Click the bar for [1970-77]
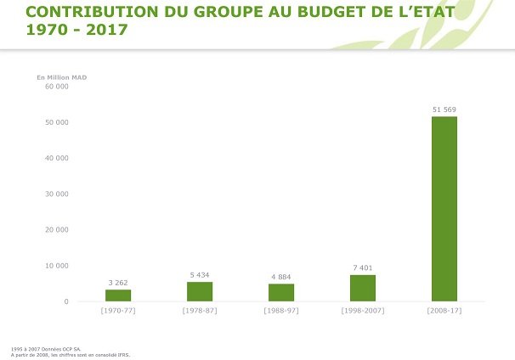[x=118, y=295]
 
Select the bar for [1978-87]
[x=200, y=291]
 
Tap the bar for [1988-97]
[x=281, y=292]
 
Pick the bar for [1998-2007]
[x=363, y=288]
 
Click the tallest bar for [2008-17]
[x=444, y=209]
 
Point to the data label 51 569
[x=444, y=110]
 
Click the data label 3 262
[x=118, y=283]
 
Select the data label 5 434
[x=200, y=275]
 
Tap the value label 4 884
[x=281, y=277]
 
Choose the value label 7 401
[x=363, y=268]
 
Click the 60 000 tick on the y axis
[x=56, y=87]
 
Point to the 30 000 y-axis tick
[x=56, y=194]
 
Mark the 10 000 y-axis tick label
[x=56, y=266]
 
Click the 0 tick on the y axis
[x=65, y=301]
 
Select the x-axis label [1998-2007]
[x=363, y=311]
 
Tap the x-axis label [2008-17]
[x=444, y=311]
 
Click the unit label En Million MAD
[x=61, y=77]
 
